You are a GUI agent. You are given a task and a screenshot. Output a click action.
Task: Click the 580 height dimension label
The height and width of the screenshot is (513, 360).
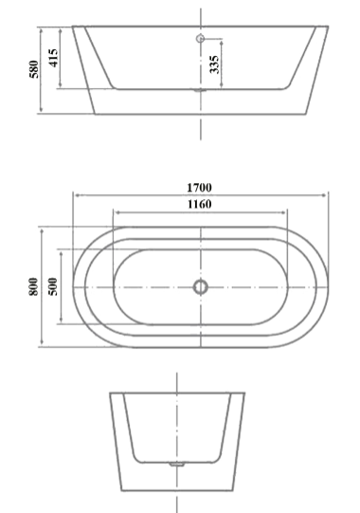tap(34, 69)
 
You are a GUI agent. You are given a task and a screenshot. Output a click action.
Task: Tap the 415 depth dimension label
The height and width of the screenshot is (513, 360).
tap(54, 58)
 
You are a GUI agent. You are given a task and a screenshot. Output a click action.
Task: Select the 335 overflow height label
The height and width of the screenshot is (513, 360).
tap(214, 64)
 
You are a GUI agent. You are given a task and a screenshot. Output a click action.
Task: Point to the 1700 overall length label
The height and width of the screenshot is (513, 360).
tap(200, 188)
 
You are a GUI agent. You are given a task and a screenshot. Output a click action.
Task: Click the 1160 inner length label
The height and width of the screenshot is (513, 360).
tap(200, 204)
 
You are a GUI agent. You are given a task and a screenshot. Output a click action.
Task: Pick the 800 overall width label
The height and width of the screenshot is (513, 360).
tap(34, 286)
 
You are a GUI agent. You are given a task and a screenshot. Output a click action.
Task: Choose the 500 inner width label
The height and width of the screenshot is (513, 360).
tap(53, 286)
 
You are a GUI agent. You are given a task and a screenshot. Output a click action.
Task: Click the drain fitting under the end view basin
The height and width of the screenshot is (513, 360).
tap(177, 464)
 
